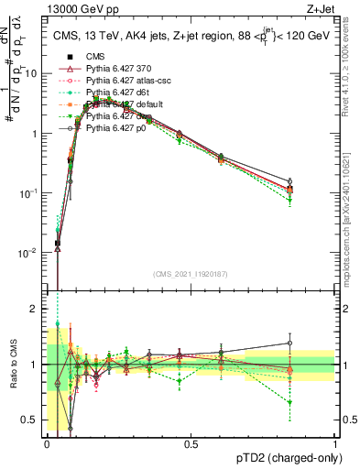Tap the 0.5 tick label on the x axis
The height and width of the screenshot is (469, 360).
coord(191,443)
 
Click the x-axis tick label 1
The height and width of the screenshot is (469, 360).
coord(335,443)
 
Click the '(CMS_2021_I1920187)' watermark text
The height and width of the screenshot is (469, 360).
coord(191,274)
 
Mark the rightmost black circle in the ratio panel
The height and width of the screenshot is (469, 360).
coord(290,343)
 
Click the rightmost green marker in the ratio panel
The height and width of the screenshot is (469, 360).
coord(290,401)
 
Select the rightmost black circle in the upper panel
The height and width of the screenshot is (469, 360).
coord(290,181)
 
